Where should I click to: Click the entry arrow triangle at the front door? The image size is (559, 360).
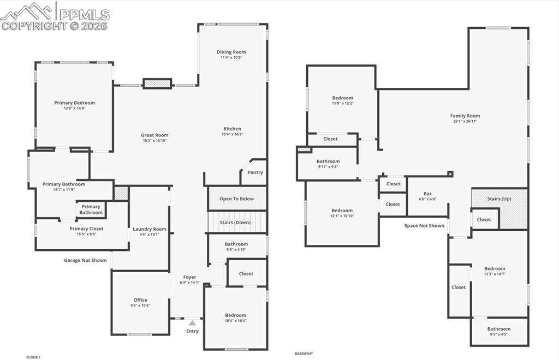[192, 323]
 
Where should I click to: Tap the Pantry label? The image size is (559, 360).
[255, 172]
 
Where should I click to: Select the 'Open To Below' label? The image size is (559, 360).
[236, 199]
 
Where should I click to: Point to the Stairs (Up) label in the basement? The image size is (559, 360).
[499, 199]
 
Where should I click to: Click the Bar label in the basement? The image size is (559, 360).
[427, 194]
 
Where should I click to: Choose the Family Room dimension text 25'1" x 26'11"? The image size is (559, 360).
[465, 122]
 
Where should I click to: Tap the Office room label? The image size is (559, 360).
[140, 300]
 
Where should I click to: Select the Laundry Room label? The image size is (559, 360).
[150, 229]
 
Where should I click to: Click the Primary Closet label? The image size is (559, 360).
[86, 229]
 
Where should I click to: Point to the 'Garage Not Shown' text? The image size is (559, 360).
[85, 260]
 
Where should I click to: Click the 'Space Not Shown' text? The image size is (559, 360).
[424, 225]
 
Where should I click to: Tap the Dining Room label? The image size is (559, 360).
[231, 52]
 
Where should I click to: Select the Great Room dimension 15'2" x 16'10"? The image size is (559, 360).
[154, 141]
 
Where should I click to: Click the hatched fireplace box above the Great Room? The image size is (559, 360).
[157, 83]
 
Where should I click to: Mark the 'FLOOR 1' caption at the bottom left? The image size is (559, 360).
[33, 357]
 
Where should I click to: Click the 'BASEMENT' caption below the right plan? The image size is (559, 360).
[304, 353]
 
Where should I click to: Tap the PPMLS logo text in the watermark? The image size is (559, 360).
[84, 14]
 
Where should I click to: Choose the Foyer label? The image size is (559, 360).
[189, 277]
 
